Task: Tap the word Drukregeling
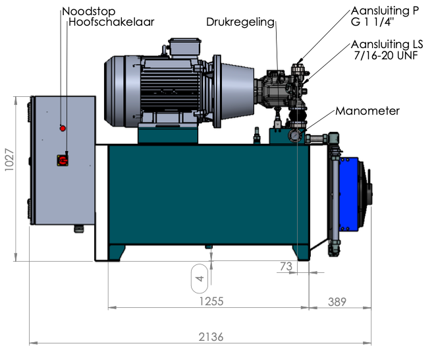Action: click(239, 22)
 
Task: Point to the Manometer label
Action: click(368, 111)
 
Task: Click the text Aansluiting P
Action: click(385, 11)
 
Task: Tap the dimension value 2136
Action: click(211, 336)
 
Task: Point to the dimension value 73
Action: click(285, 266)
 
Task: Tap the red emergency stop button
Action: click(63, 127)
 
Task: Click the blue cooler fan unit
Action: click(356, 194)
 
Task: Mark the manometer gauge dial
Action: click(294, 135)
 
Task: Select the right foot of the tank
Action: click(301, 253)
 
